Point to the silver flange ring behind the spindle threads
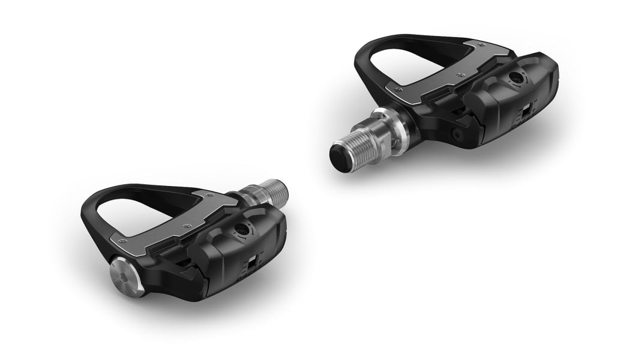pos(384,129)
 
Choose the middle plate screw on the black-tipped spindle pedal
pos(460,75)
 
